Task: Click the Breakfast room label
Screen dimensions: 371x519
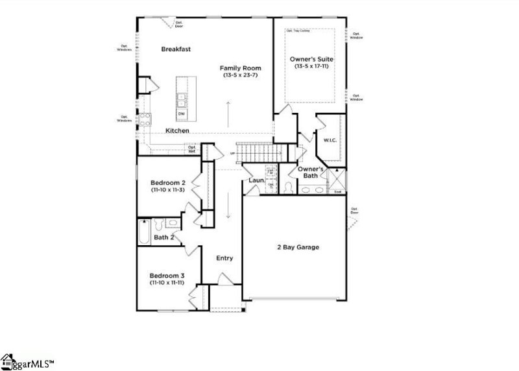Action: (176, 49)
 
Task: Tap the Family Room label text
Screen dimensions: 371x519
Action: (239, 68)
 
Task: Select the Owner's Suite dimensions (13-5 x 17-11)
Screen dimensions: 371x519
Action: (312, 66)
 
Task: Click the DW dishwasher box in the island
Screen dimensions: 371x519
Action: (182, 114)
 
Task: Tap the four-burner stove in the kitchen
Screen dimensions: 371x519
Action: (145, 118)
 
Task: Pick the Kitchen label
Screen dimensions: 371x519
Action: (177, 131)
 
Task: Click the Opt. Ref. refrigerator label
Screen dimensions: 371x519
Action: (192, 149)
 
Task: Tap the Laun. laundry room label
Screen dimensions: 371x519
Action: (255, 180)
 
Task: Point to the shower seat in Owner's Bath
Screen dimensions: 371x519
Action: (337, 191)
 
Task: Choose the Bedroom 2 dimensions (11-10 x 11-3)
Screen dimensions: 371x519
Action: (169, 191)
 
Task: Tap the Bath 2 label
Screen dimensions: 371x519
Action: (163, 237)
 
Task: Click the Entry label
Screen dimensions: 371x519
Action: (224, 258)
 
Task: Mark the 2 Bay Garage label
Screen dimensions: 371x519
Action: (298, 247)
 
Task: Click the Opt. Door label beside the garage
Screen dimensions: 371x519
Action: (354, 211)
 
